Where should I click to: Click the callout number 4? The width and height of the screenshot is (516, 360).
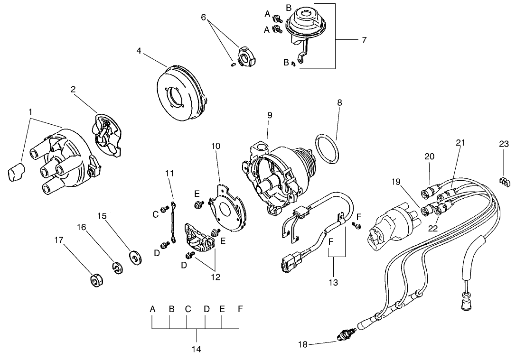(139, 51)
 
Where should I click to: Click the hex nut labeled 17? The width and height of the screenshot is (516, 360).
(96, 280)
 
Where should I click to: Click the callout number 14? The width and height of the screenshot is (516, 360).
(196, 350)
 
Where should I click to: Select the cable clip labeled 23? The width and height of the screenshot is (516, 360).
(505, 180)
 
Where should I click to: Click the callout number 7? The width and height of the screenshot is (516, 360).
(364, 40)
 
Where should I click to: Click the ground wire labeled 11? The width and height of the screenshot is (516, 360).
(172, 223)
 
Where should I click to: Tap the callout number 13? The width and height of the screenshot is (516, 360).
(333, 283)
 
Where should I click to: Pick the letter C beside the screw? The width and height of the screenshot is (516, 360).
(155, 214)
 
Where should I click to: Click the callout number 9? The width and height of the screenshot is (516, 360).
(270, 115)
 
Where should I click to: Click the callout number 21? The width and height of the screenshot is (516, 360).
(460, 142)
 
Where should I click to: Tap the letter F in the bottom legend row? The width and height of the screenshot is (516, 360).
(240, 309)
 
